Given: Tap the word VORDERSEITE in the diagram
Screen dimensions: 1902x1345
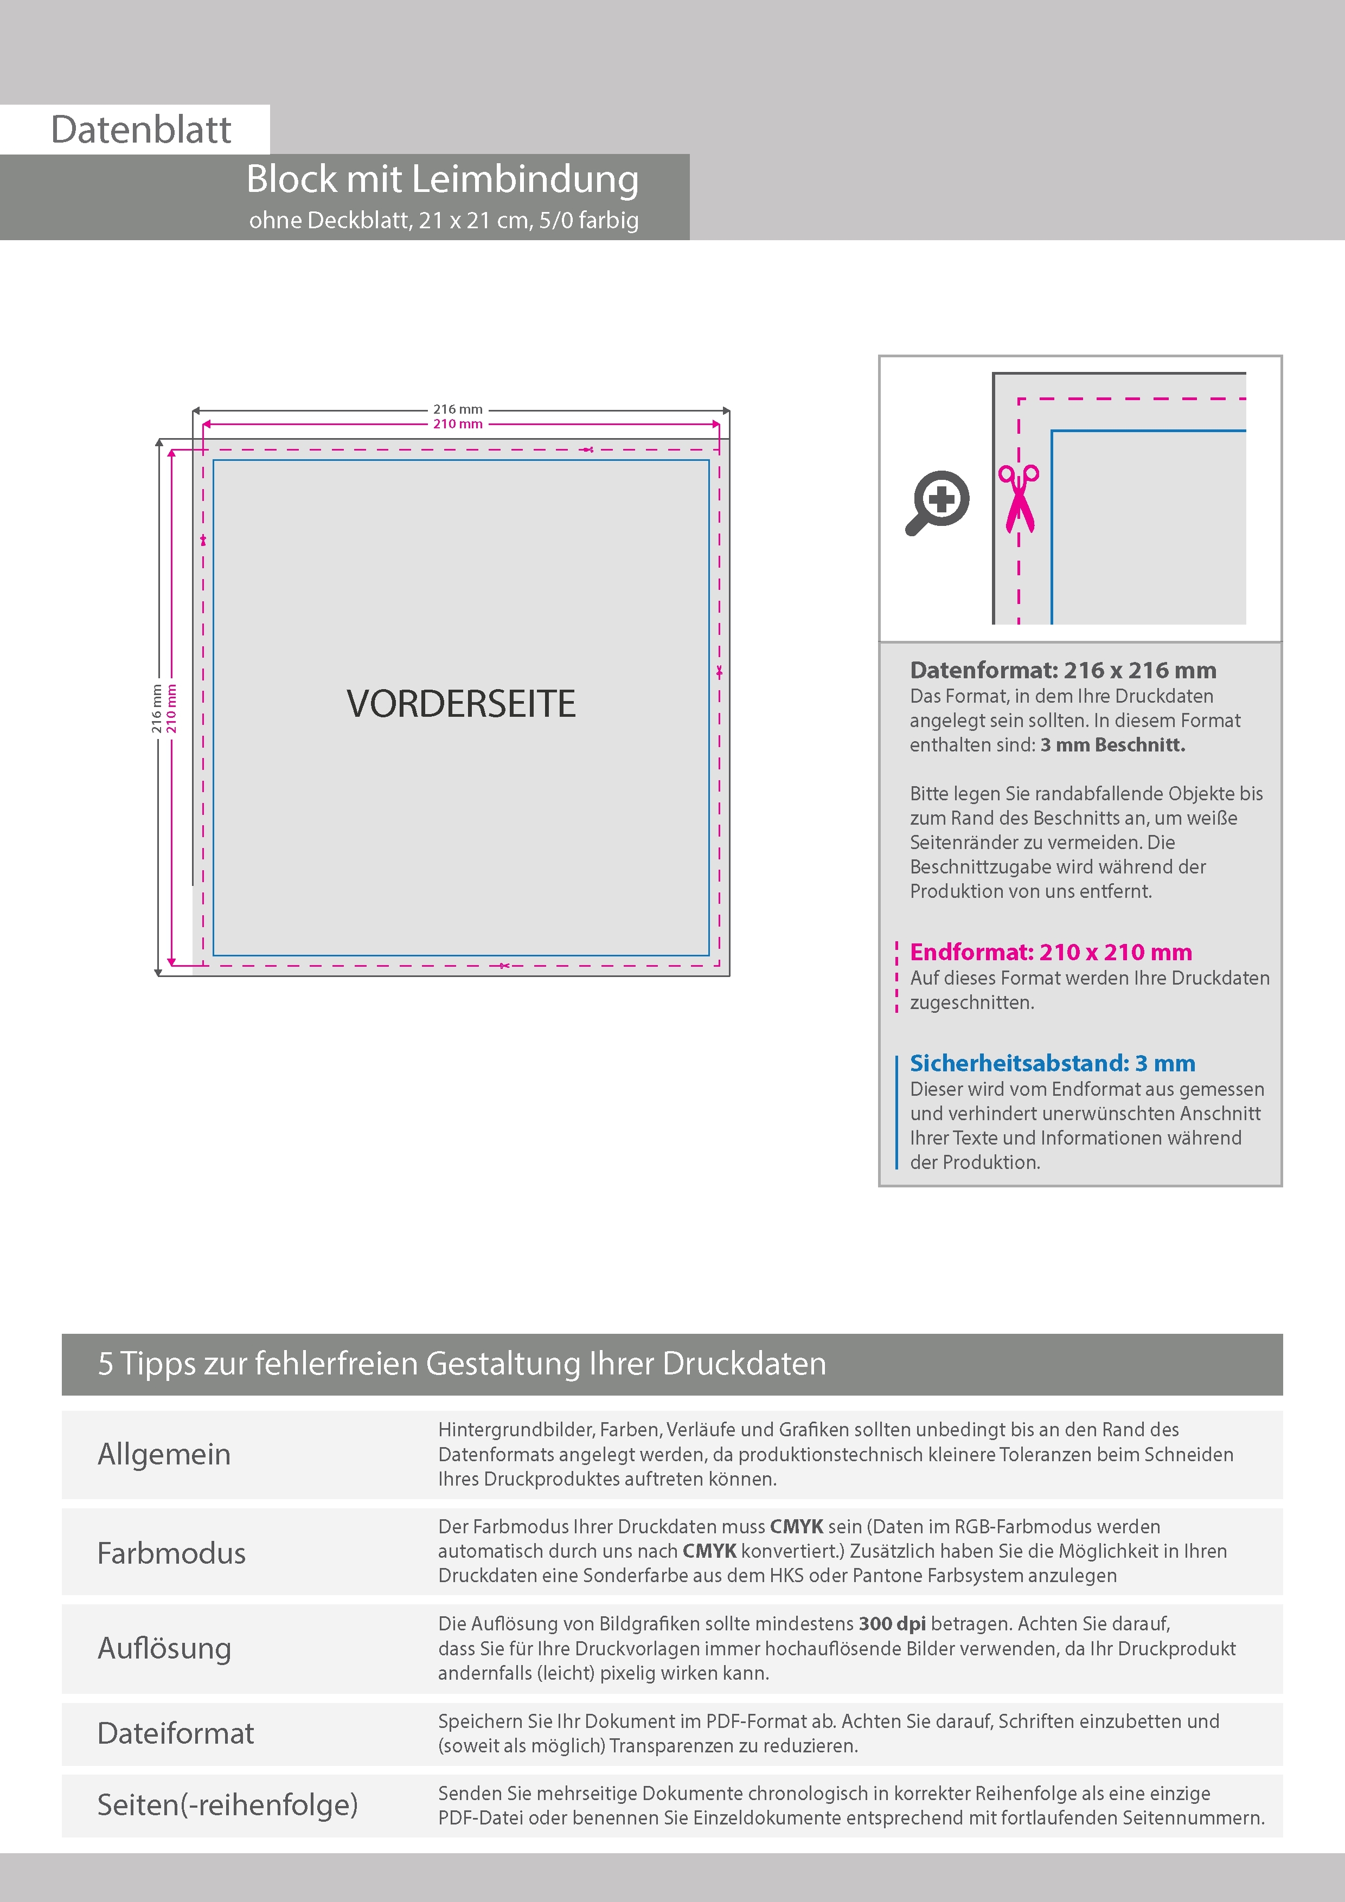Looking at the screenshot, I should (x=461, y=703).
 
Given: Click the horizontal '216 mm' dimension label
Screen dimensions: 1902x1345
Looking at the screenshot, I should (x=457, y=409).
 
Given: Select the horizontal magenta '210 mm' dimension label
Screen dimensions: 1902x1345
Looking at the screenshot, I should (x=457, y=424).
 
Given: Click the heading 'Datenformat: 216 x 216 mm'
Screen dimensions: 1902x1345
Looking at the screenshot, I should (x=1062, y=670).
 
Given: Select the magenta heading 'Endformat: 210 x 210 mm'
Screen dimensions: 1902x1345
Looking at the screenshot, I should (x=1050, y=952).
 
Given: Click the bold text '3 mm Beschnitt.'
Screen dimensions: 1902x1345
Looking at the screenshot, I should (x=1112, y=745).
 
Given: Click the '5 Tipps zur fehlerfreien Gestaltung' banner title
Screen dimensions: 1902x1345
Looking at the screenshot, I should (x=462, y=1364).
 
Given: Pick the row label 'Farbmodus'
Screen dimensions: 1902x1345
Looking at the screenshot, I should (x=171, y=1553).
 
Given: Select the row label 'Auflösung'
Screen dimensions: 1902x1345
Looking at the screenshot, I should (x=164, y=1648).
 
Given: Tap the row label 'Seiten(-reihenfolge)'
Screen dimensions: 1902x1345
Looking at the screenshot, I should (x=227, y=1804).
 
